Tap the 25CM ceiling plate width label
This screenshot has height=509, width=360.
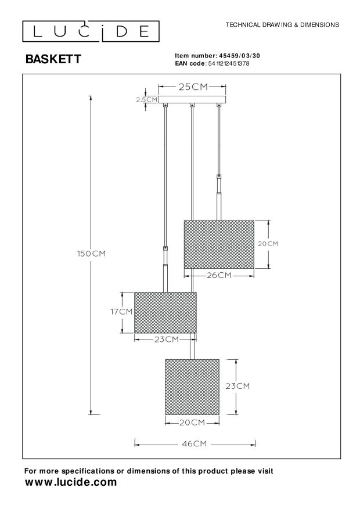(192, 88)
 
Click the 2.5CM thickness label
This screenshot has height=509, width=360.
(146, 100)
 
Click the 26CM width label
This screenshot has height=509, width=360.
(218, 275)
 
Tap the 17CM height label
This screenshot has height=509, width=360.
(122, 312)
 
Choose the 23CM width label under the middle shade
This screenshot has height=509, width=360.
(166, 339)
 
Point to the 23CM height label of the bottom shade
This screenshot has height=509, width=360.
(237, 386)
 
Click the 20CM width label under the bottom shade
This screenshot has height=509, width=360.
(192, 422)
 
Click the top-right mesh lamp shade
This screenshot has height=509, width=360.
(219, 244)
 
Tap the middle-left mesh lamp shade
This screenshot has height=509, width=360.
(165, 312)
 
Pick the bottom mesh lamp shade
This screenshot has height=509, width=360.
(192, 387)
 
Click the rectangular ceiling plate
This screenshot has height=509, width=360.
(192, 100)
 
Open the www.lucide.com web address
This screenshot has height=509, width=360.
(71, 482)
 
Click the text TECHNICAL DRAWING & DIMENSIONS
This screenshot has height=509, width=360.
(282, 25)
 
